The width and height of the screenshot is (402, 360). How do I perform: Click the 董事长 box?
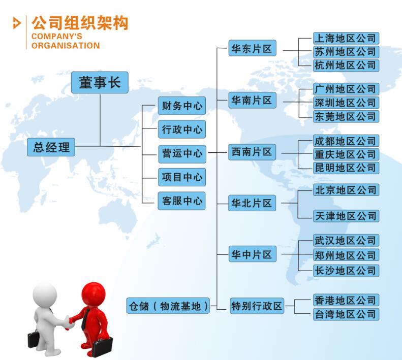(x=100, y=82)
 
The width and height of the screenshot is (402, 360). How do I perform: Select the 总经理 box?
(x=51, y=147)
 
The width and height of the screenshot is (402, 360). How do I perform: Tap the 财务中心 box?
(x=182, y=106)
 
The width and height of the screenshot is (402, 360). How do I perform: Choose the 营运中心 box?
(x=182, y=154)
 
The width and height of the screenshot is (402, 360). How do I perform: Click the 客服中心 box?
(x=181, y=201)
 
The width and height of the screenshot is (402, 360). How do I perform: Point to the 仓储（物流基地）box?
(x=168, y=306)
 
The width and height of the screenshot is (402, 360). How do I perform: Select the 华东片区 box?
(x=252, y=48)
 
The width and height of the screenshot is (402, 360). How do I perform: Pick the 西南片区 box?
(x=252, y=152)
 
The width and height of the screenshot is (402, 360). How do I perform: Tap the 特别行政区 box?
(x=257, y=306)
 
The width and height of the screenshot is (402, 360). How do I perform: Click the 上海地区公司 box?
(x=346, y=39)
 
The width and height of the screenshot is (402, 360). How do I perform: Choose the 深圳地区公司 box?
(x=346, y=103)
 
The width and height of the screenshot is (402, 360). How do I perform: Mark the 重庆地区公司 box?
(x=346, y=154)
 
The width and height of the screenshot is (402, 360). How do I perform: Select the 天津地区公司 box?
(x=346, y=216)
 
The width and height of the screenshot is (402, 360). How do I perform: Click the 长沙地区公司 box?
(x=346, y=271)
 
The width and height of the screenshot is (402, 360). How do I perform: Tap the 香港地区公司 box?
(x=346, y=300)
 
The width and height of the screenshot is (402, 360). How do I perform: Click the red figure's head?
(x=94, y=295)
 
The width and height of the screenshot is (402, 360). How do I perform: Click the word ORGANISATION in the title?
(x=66, y=46)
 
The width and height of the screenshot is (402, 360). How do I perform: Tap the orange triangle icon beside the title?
(x=17, y=23)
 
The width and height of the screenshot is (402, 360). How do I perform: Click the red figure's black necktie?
(x=85, y=319)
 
